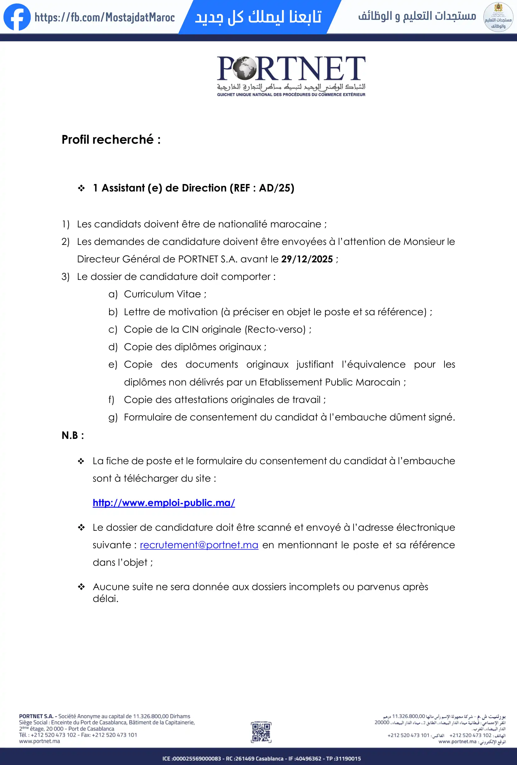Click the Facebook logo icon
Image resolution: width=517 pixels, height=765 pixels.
pos(17,17)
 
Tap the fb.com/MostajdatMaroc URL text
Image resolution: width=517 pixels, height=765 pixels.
pos(105,17)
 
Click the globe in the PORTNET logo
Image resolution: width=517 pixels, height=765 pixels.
pos(245,68)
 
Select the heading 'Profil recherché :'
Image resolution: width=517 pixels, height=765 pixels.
pos(111,140)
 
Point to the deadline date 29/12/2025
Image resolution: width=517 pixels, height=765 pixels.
pos(307,259)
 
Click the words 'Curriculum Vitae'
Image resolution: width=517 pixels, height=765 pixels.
pos(162,294)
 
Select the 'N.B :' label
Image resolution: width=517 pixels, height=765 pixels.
pos(73,435)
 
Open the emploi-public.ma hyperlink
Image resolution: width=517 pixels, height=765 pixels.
pos(164,503)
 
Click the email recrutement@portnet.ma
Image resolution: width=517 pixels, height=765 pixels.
pos(199,545)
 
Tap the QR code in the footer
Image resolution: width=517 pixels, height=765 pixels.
pos(261,732)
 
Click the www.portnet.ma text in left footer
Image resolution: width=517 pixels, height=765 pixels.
pos(39,741)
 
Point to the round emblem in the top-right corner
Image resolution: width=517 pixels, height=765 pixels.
pos(498,17)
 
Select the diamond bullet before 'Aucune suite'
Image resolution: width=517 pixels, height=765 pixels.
pos(81,587)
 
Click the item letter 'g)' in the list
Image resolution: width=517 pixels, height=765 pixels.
pos(113,417)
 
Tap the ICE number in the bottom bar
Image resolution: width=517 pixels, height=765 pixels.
pos(192,758)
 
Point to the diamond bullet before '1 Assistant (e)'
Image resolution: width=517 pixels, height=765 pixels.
pos(81,188)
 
